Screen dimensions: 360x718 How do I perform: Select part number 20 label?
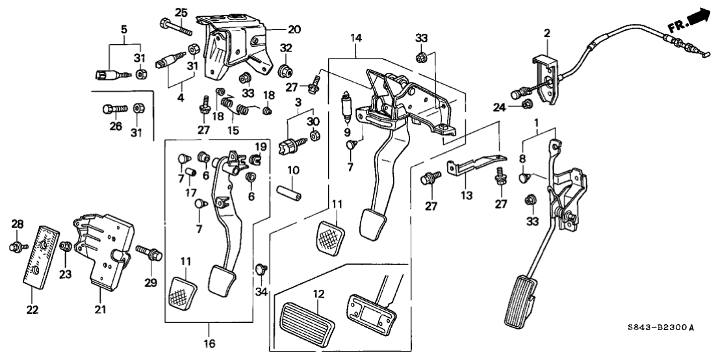[277, 29]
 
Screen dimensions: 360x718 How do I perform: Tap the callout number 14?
[355, 39]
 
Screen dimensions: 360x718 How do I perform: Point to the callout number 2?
[547, 32]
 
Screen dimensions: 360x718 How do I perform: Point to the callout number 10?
[294, 170]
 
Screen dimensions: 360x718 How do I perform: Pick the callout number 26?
[116, 127]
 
